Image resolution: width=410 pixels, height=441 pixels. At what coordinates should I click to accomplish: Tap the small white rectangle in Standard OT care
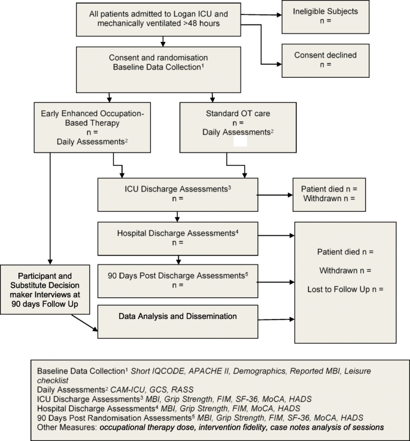pos(240,142)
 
